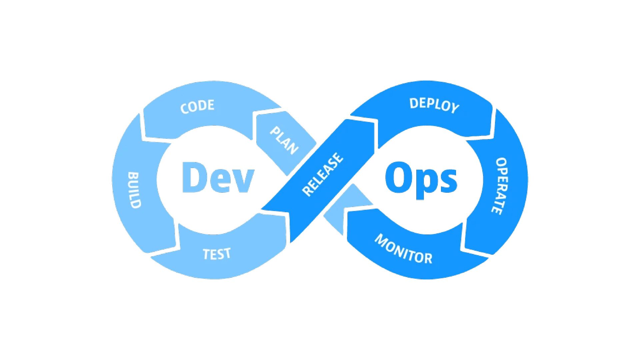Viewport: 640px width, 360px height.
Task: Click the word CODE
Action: coord(197,106)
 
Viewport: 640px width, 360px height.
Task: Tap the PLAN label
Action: coord(284,141)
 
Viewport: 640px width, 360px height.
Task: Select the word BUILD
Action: coord(134,190)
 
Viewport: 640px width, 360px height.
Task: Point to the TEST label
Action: coord(217,254)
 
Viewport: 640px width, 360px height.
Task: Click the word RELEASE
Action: coord(322,174)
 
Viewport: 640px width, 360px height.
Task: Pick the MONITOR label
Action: coord(403,249)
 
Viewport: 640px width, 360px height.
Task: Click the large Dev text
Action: coord(218,177)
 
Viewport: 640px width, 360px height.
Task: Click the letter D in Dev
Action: coord(194,177)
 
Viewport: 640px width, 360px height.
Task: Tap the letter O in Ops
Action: coord(398,177)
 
